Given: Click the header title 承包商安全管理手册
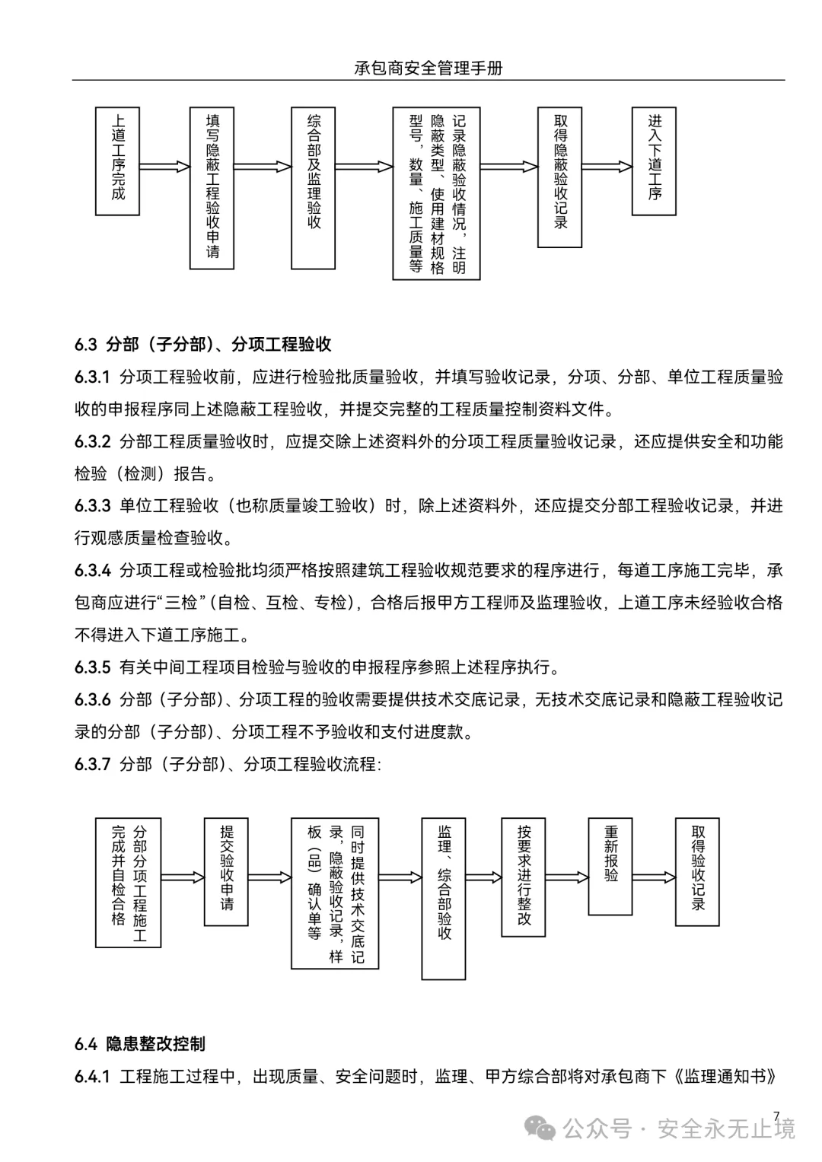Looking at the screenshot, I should (429, 68).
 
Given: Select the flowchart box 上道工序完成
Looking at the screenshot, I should (117, 161).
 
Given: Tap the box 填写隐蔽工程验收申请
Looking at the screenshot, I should (212, 188).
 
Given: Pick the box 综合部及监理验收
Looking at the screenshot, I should (313, 188).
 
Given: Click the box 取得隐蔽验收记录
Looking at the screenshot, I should (559, 177).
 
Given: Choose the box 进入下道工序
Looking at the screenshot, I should (654, 161).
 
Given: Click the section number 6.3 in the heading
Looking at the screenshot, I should (85, 345).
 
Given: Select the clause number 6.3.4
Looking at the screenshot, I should (93, 571).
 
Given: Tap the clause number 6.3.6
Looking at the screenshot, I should (93, 699).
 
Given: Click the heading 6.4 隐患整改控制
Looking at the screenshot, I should (140, 1044).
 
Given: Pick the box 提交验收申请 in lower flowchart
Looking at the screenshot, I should (226, 871).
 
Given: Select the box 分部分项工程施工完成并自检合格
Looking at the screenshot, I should (128, 883).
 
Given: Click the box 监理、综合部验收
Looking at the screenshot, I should (444, 898).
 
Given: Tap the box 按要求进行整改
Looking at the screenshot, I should (523, 877).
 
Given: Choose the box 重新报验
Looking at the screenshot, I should (610, 866).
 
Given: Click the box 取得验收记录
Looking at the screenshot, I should (697, 871).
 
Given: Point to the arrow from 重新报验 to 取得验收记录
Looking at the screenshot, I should (654, 877).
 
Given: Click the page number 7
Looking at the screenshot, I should (776, 1116).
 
